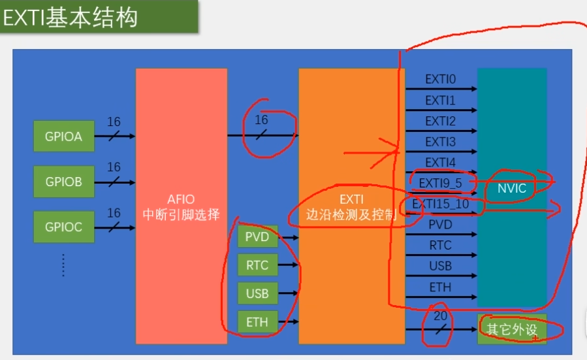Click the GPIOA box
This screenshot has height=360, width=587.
click(x=64, y=137)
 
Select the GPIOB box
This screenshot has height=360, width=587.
click(x=64, y=182)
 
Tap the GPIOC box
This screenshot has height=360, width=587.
click(x=64, y=227)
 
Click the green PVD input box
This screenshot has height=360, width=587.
click(x=257, y=237)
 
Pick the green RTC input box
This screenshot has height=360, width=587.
click(x=257, y=265)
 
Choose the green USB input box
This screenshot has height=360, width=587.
click(x=257, y=293)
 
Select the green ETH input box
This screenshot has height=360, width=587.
click(x=257, y=321)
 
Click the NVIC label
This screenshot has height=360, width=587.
click(x=511, y=188)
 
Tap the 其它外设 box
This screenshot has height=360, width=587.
click(x=512, y=329)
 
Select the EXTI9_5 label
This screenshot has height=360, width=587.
click(x=440, y=183)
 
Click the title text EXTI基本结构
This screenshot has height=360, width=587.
click(x=71, y=18)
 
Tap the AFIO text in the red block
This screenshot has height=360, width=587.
click(x=181, y=199)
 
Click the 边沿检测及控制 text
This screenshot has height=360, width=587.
click(x=351, y=214)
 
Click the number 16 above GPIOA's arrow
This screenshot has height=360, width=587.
click(x=114, y=122)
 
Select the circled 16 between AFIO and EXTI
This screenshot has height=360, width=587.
click(x=261, y=120)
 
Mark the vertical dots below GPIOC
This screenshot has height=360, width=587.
click(x=63, y=265)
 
